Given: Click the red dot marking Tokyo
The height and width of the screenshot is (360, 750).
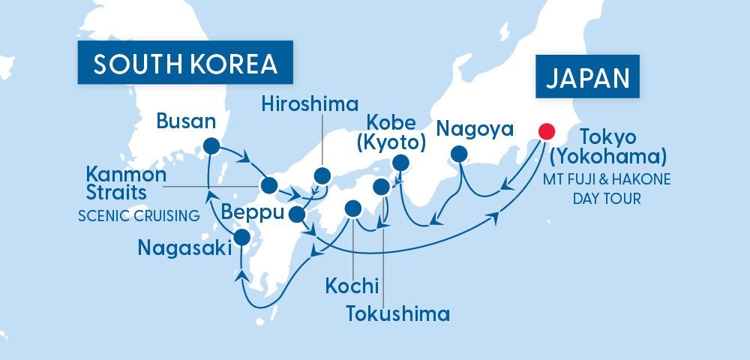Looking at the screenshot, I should tap(547, 130).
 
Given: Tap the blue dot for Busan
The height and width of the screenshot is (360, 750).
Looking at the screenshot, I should tap(211, 146).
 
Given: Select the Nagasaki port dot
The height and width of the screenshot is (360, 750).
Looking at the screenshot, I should tap(241, 238).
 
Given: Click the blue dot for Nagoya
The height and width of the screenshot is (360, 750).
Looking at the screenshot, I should tap(457, 155).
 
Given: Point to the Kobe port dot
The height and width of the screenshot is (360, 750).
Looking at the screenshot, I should tap(400, 161).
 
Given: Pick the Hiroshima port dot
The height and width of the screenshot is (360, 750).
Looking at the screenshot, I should tap(322, 175).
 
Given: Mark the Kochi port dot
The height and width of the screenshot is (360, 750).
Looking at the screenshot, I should tap(352, 207).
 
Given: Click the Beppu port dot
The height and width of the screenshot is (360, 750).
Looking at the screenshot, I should tap(297, 214).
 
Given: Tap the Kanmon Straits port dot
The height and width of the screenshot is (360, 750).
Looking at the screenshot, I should tap(268, 185).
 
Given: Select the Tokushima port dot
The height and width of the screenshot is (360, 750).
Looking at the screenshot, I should tap(382, 186).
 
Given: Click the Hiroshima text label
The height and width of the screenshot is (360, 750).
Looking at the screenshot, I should tap(310, 104).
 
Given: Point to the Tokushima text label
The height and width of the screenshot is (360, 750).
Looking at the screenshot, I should tap(397, 313).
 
